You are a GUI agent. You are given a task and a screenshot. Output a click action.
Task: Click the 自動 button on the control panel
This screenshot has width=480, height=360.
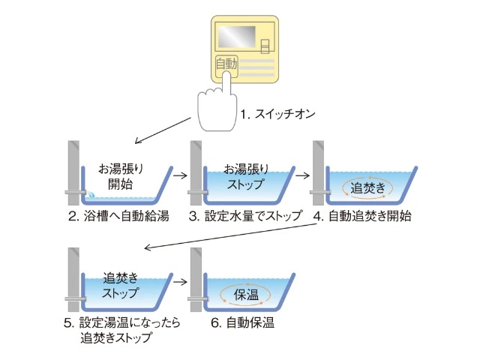click(226, 64)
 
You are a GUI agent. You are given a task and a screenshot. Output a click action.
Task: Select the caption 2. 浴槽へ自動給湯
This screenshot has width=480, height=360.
click(118, 217)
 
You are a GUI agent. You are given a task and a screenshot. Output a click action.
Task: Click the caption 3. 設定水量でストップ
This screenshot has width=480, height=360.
click(245, 217)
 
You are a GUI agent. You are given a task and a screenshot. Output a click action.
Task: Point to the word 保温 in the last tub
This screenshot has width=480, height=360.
click(241, 294)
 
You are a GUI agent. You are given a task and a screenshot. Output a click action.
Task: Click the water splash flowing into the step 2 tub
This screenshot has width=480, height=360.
click(89, 194)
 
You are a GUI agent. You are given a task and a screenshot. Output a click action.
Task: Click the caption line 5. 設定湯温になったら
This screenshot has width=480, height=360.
click(118, 323)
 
